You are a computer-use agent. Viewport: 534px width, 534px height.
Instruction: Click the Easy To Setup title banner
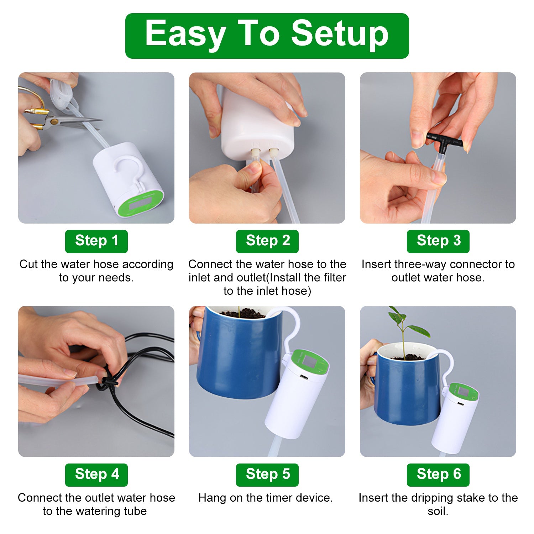click(267, 36)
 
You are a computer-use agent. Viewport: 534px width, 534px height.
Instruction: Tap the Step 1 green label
click(96, 241)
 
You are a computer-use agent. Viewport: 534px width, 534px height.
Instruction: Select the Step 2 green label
click(267, 241)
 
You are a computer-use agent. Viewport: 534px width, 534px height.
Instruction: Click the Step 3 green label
click(438, 241)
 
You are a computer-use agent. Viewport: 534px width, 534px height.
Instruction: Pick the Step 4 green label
click(96, 475)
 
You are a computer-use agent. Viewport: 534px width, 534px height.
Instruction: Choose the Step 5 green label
click(267, 475)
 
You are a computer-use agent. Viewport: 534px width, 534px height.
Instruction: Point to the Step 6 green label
click(438, 475)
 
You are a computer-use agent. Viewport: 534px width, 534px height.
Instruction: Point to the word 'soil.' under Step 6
click(438, 511)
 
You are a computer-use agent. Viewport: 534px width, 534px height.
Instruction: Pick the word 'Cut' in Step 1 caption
click(28, 264)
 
